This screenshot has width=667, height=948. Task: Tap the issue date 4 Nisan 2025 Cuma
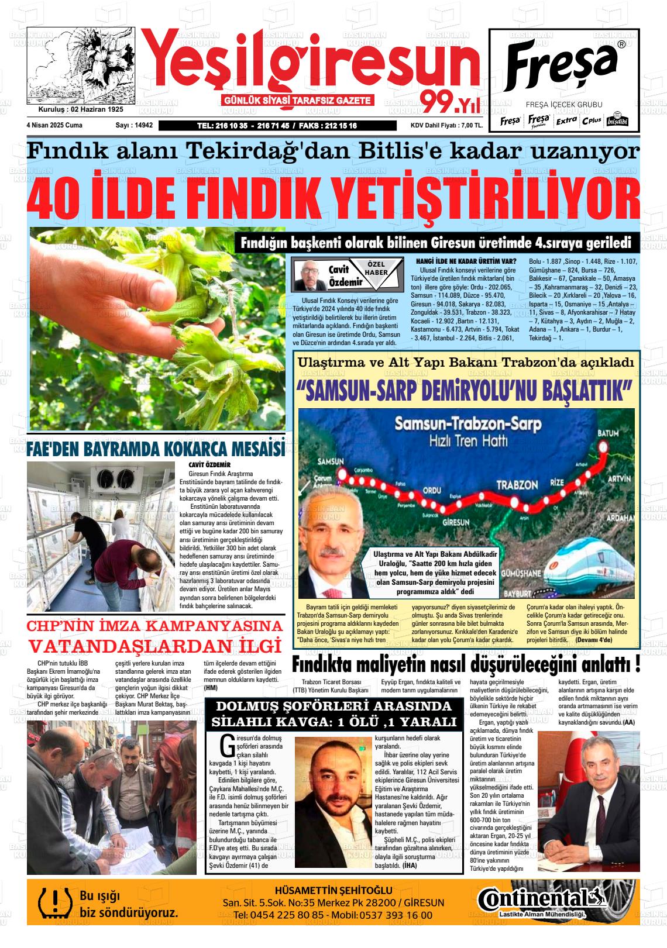[x=54, y=125]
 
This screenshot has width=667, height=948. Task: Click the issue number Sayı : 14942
[x=134, y=125]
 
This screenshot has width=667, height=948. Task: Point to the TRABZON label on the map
[x=517, y=485]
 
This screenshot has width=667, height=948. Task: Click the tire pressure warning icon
[x=51, y=902]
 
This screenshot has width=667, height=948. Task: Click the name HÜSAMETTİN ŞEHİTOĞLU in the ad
[x=333, y=890]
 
